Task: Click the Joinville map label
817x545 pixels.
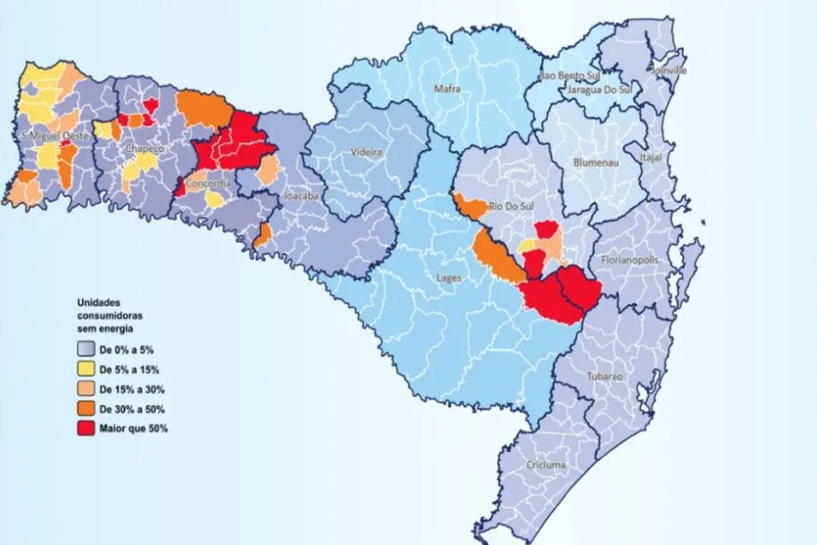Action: point(669,70)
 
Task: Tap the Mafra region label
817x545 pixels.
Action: point(448,89)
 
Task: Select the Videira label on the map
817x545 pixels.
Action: point(366,152)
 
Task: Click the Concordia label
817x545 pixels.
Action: point(208,184)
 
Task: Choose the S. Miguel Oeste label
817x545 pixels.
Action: point(53,136)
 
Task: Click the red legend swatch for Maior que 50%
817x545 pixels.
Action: point(86,428)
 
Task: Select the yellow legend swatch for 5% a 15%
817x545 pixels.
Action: point(86,369)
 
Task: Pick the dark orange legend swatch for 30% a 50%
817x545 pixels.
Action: point(86,409)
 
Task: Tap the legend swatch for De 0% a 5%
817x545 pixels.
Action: point(86,349)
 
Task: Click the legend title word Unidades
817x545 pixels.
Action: point(97,303)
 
